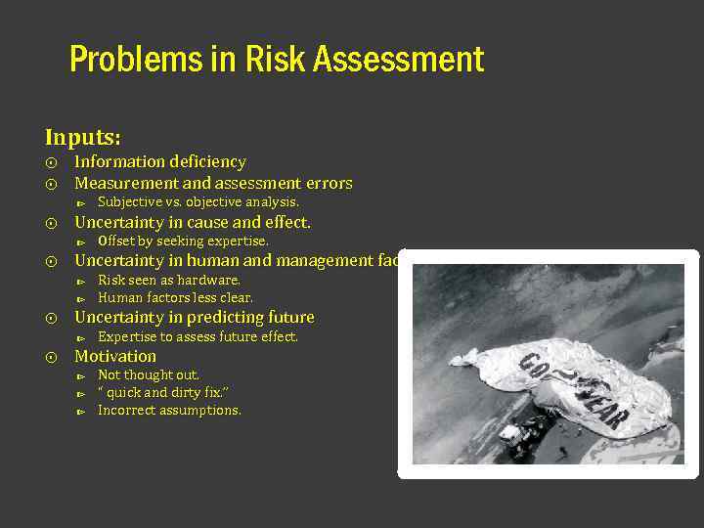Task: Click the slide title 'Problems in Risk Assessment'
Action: pos(277,61)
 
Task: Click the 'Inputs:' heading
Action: pos(82,137)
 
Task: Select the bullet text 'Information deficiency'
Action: pos(159,162)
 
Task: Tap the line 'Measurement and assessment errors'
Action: pos(213,184)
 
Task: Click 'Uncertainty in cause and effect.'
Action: pos(193,222)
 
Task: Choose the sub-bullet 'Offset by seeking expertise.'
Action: pos(183,241)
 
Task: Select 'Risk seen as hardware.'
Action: pos(169,280)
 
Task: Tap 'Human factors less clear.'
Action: pos(175,297)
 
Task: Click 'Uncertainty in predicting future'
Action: pos(195,318)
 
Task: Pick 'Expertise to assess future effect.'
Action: pos(198,336)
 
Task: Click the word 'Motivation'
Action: pos(115,357)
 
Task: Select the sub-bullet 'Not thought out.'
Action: pos(149,374)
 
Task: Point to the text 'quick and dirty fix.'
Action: pos(166,392)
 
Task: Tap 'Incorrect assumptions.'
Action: pos(169,410)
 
